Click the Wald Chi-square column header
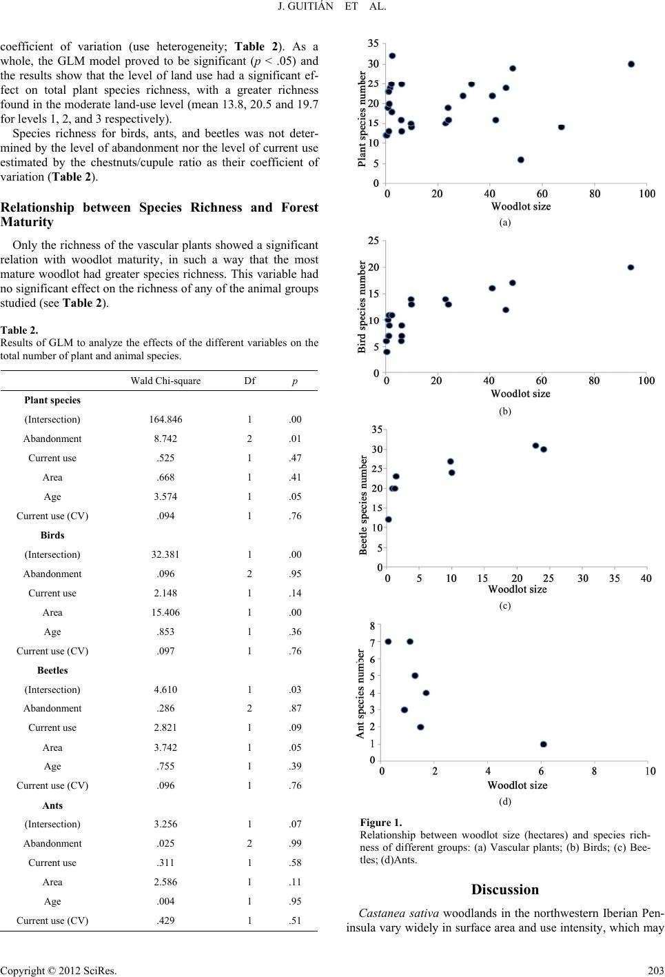pyautogui.click(x=165, y=381)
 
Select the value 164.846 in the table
pyautogui.click(x=165, y=419)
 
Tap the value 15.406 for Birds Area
pyautogui.click(x=165, y=612)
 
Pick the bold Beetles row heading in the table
pyautogui.click(x=52, y=670)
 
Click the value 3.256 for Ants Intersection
pyautogui.click(x=165, y=824)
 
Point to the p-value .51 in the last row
pyautogui.click(x=295, y=920)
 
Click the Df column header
pyautogui.click(x=249, y=381)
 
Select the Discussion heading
pyautogui.click(x=505, y=889)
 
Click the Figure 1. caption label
pyautogui.click(x=381, y=823)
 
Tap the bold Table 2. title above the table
pyautogui.click(x=19, y=330)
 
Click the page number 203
pyautogui.click(x=655, y=970)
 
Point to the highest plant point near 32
pyautogui.click(x=392, y=56)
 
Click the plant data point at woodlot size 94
pyautogui.click(x=631, y=64)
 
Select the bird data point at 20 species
pyautogui.click(x=631, y=268)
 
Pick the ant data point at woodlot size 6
pyautogui.click(x=543, y=744)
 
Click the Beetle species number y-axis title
pyautogui.click(x=362, y=505)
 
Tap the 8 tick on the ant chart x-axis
pyautogui.click(x=594, y=771)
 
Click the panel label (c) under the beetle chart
pyautogui.click(x=505, y=605)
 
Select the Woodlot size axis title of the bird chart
pyautogui.click(x=520, y=394)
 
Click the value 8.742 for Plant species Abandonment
pyautogui.click(x=165, y=439)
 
